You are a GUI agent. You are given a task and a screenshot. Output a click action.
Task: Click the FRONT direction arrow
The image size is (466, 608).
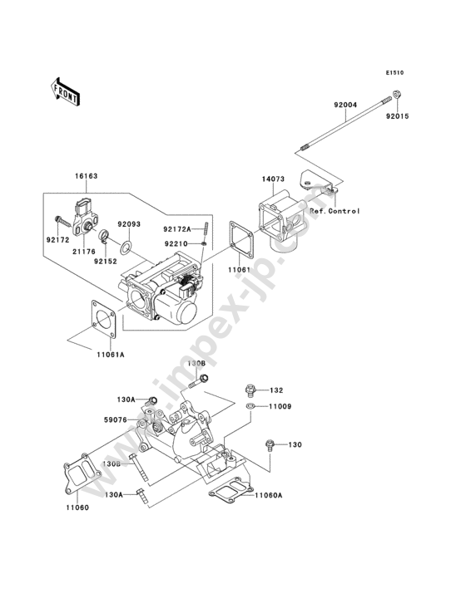point(65,91)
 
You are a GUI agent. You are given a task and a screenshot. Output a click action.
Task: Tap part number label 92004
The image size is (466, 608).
point(345,105)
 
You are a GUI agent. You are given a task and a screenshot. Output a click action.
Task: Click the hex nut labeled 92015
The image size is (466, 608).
point(396,95)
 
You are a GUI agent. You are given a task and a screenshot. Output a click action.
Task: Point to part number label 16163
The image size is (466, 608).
point(87,176)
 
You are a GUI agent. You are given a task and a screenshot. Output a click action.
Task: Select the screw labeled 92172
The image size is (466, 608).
point(63,221)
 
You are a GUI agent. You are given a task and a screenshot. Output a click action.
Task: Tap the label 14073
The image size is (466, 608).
point(273,179)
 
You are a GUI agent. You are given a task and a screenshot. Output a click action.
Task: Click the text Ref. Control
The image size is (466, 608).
point(335,211)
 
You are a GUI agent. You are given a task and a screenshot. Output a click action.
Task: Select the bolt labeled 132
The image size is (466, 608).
point(250,390)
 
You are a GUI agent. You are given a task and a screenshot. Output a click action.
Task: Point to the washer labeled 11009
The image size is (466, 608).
point(250,406)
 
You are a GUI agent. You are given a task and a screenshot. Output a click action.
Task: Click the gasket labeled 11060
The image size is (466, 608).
point(82,473)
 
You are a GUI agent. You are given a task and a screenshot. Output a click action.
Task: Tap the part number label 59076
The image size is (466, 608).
point(116,419)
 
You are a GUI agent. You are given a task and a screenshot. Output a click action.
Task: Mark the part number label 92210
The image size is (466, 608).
point(176,244)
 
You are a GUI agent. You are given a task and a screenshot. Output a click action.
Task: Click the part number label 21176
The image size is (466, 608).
point(83,252)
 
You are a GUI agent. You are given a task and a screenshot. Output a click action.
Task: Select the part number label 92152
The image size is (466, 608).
point(105,262)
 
